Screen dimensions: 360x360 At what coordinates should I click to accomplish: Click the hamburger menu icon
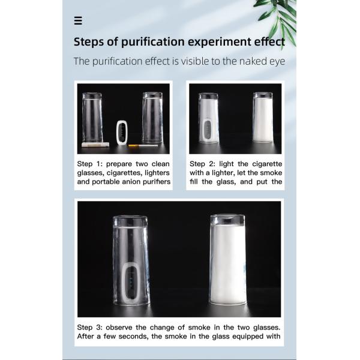pyautogui.click(x=78, y=20)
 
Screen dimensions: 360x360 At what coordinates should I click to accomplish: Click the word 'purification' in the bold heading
pyautogui.click(x=153, y=42)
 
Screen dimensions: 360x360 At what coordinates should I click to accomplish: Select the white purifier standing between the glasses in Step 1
pyautogui.click(x=122, y=133)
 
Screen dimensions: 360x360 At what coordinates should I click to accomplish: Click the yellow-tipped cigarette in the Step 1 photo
pyautogui.click(x=143, y=146)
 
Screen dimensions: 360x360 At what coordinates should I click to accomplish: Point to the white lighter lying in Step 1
pyautogui.click(x=95, y=145)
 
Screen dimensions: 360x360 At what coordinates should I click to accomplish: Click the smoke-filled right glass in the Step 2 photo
pyautogui.click(x=263, y=118)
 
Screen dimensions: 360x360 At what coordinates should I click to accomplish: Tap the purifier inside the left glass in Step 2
pyautogui.click(x=208, y=130)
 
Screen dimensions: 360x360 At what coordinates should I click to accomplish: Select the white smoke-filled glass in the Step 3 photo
pyautogui.click(x=228, y=260)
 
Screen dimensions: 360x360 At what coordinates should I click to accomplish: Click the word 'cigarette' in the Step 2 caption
pyautogui.click(x=267, y=164)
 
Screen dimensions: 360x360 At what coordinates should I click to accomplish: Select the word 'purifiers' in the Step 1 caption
pyautogui.click(x=157, y=182)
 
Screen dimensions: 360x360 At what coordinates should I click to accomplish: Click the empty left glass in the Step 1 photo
pyautogui.click(x=92, y=118)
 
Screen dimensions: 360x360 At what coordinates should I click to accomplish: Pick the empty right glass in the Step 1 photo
pyautogui.click(x=152, y=118)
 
